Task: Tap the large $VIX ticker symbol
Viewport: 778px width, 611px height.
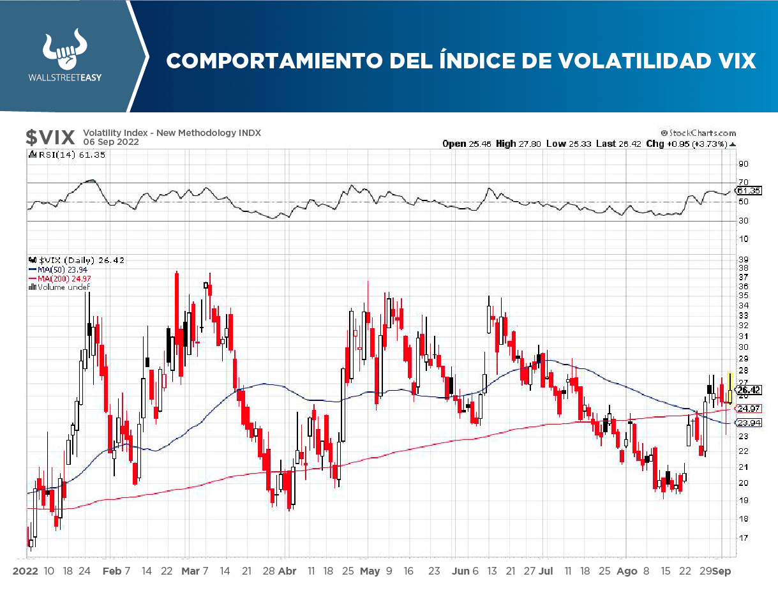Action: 50,137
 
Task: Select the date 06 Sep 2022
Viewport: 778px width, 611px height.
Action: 110,142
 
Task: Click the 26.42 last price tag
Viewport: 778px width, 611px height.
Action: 749,389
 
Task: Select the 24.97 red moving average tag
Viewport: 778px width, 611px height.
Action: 747,408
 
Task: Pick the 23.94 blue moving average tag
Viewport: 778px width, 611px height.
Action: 747,423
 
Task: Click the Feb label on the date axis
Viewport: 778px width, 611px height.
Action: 112,571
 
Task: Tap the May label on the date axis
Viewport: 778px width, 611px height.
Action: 370,571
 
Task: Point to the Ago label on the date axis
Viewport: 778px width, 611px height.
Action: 627,571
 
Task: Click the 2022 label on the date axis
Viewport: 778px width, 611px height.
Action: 26,571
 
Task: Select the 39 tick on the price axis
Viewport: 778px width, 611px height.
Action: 743,259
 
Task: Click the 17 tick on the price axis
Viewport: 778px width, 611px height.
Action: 743,538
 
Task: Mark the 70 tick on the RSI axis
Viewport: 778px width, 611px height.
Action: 743,182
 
